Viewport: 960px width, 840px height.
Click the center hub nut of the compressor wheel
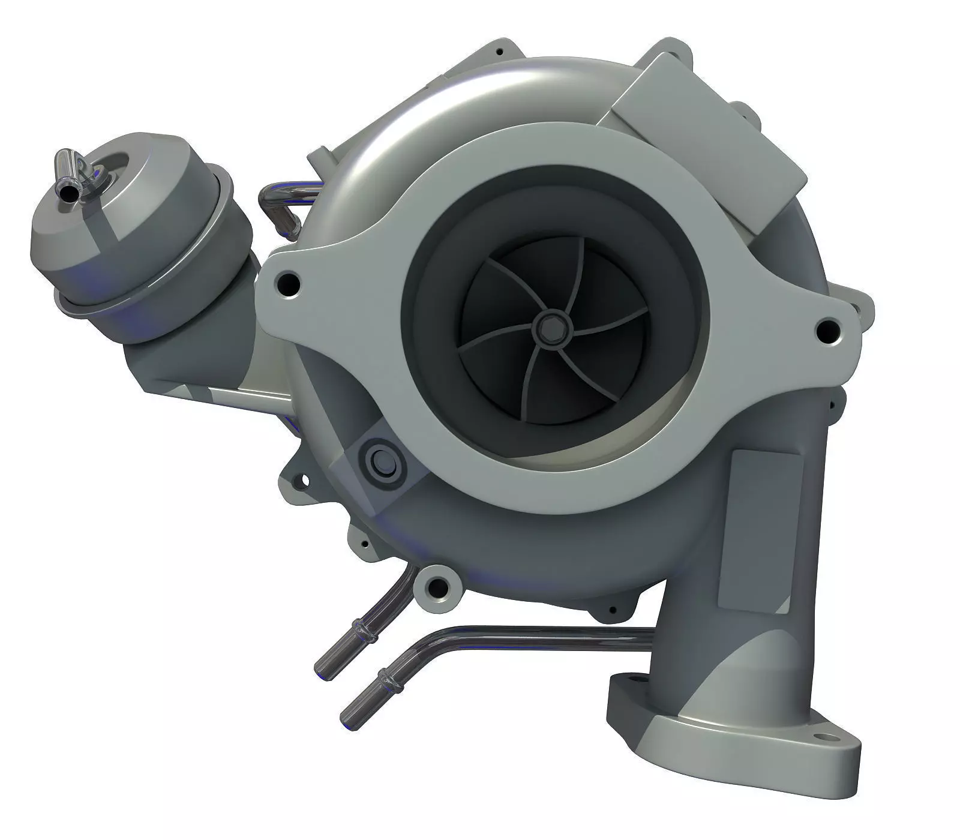pos(547,327)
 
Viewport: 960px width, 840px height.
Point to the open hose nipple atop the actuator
pos(65,193)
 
